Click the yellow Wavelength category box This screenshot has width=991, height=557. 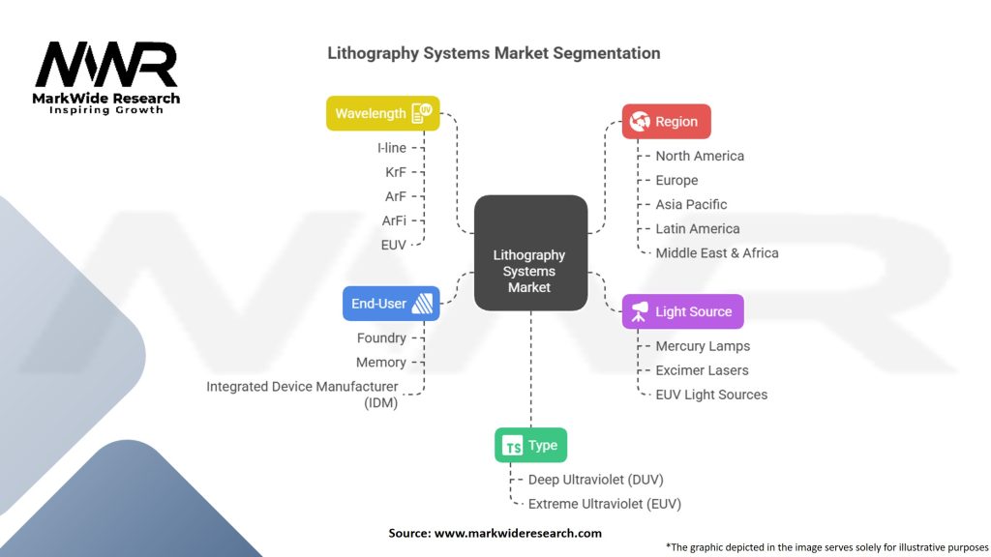click(383, 114)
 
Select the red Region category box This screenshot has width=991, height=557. click(666, 121)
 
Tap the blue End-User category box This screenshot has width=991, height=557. click(391, 304)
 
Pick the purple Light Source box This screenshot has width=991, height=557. click(682, 311)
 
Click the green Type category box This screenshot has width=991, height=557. click(531, 445)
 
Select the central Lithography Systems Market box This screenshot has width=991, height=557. click(531, 252)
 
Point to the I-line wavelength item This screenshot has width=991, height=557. click(392, 148)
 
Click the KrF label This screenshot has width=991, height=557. click(396, 172)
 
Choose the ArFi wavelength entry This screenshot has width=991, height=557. click(394, 221)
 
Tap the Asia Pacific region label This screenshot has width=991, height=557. click(691, 205)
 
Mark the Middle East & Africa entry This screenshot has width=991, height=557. click(717, 253)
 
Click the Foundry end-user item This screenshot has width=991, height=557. click(381, 337)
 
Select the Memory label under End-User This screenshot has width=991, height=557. click(381, 363)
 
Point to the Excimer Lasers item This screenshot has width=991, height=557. click(702, 370)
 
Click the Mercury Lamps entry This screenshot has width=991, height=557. click(703, 346)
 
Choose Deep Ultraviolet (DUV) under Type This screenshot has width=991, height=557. click(596, 480)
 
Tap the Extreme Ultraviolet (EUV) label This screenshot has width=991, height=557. click(605, 504)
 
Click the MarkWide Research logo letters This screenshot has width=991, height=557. click(106, 64)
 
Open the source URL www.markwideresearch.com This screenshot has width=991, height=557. click(518, 533)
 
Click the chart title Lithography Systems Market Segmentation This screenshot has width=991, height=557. click(494, 53)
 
